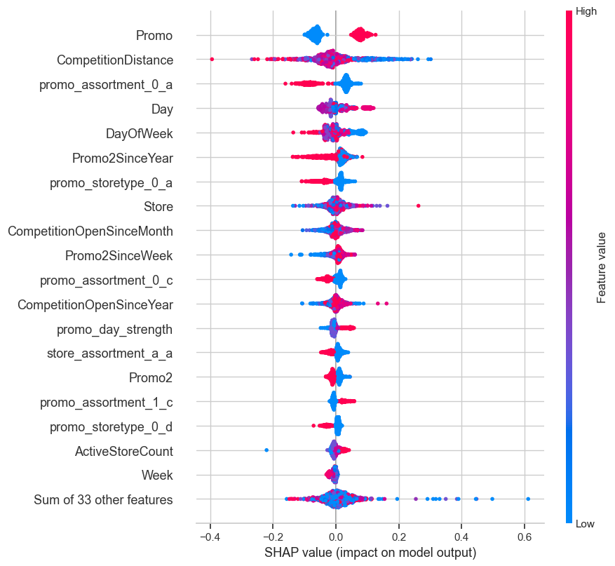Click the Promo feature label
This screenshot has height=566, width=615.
(155, 35)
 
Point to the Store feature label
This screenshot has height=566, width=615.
(158, 206)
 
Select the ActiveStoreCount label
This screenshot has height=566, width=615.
(124, 451)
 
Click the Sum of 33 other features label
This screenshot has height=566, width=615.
(103, 500)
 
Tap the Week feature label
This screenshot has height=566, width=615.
(158, 476)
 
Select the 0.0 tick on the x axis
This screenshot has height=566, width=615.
(336, 537)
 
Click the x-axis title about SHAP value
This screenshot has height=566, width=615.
(370, 553)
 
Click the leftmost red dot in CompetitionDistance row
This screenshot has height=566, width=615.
(212, 60)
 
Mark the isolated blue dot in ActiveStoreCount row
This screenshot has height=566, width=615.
(266, 450)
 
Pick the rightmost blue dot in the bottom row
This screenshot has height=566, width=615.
(528, 499)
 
